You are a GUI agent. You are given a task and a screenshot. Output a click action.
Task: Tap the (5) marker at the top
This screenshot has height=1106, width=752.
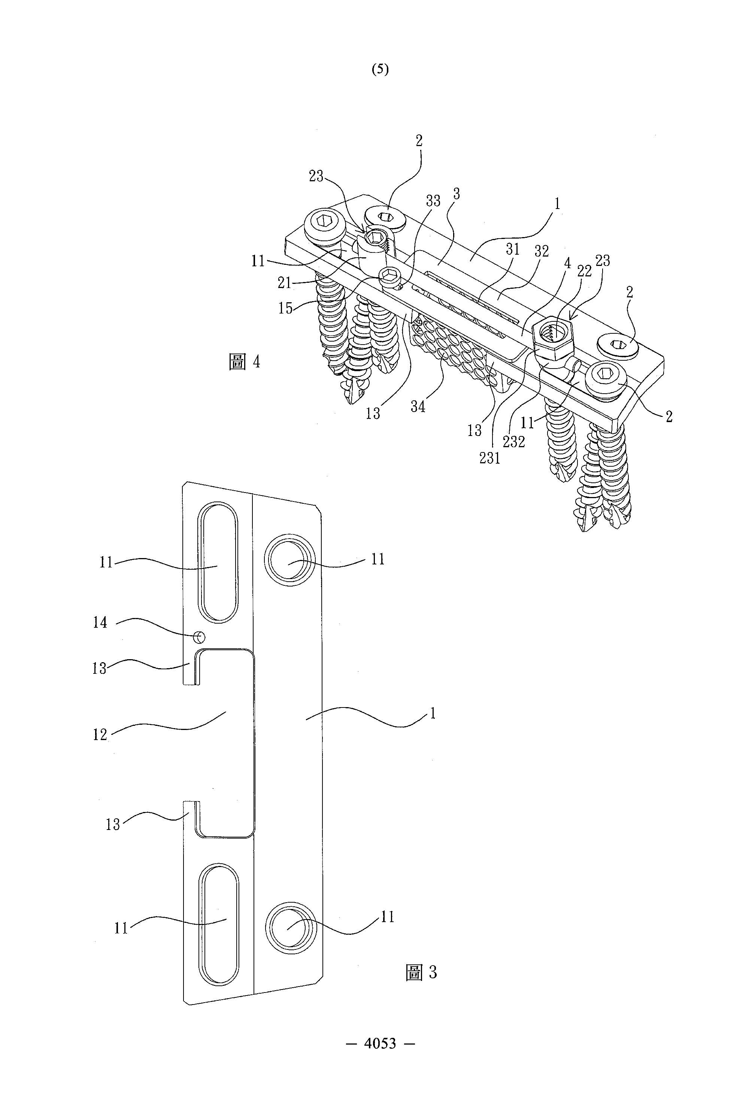point(380,70)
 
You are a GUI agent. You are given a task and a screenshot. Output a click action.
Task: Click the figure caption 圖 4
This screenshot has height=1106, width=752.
point(245,362)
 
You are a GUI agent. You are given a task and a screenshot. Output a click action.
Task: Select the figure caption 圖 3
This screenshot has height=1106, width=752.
point(421,972)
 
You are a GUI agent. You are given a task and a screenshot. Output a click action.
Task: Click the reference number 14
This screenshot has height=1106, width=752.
point(100,622)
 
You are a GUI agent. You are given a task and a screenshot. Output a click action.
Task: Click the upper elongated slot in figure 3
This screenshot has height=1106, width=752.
point(218,561)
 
